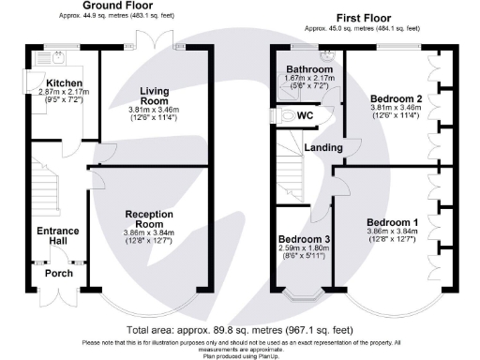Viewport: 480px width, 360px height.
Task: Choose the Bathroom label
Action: click(x=309, y=70)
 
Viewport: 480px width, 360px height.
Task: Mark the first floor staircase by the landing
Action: click(x=292, y=169)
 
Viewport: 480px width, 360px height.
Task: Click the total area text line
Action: click(x=240, y=331)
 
